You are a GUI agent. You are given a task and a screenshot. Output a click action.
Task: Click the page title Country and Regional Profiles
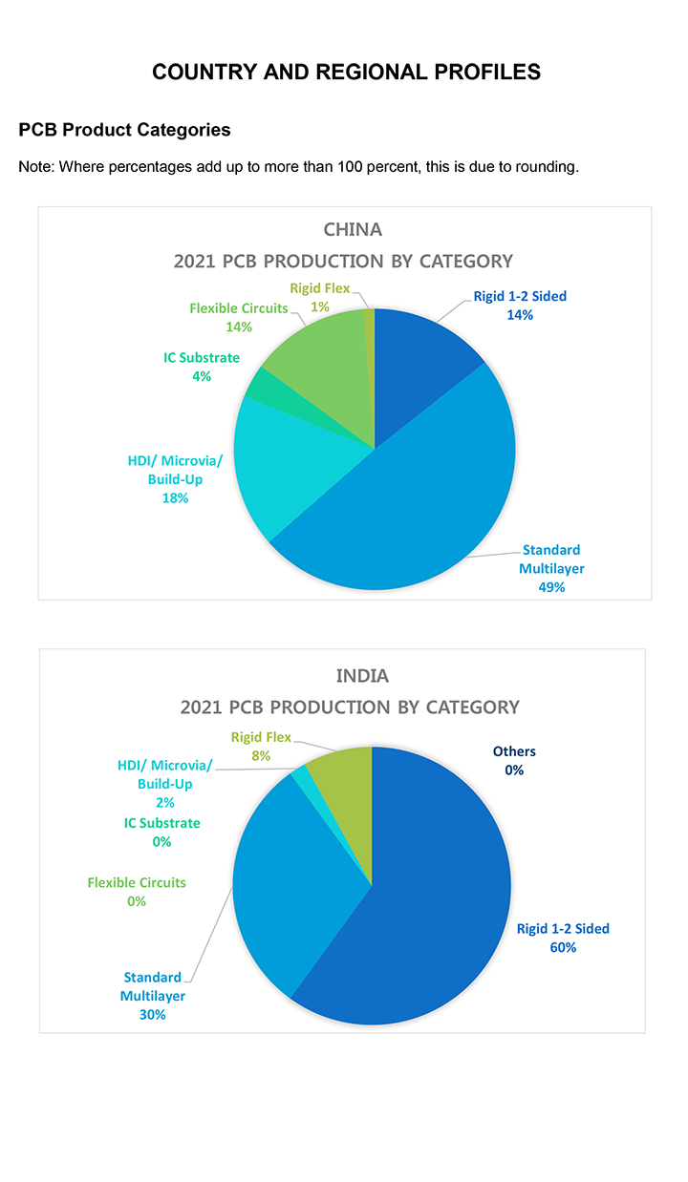[346, 73]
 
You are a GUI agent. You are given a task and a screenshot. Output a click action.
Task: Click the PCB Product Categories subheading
[124, 130]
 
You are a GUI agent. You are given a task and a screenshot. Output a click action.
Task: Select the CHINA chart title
[353, 229]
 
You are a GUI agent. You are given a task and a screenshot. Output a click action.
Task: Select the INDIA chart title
[362, 676]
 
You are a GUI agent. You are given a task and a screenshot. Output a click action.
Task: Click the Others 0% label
[514, 760]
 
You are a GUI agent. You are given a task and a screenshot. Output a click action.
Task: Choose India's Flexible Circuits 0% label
[137, 892]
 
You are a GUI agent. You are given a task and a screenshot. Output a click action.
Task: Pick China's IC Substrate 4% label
[201, 367]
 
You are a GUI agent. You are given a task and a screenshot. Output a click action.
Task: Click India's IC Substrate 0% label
[161, 832]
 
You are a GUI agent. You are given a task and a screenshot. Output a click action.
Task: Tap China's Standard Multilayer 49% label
[551, 569]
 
